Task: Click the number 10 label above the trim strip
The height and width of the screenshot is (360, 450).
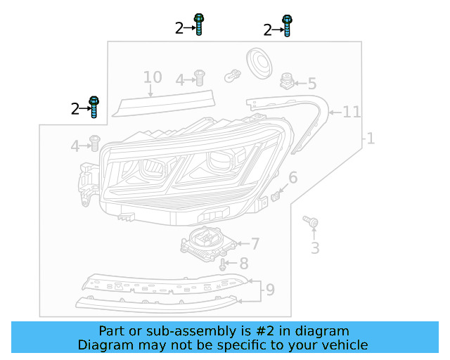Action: click(153, 77)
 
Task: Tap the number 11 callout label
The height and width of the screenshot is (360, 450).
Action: click(352, 112)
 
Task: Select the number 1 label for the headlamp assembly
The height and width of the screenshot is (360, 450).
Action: click(370, 139)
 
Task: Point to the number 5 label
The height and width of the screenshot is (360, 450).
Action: click(311, 84)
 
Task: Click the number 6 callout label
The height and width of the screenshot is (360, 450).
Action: click(292, 178)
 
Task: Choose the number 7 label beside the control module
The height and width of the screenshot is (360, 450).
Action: click(255, 244)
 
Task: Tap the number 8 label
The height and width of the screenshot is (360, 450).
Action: click(244, 264)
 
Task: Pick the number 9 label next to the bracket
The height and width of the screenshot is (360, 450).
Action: click(270, 288)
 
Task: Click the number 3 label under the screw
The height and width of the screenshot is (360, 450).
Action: click(315, 247)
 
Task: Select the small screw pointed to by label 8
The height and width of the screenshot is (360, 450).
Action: click(223, 265)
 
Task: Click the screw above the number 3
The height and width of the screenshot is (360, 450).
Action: click(310, 222)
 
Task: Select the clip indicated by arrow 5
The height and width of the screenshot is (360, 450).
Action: click(286, 81)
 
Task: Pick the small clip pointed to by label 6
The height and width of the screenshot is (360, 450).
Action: click(276, 193)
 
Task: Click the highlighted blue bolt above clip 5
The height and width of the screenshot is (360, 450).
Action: click(286, 25)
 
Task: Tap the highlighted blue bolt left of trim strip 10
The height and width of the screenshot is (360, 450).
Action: click(94, 107)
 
